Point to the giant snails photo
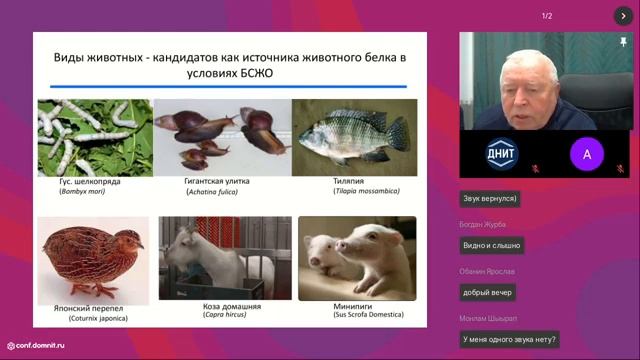click(x=221, y=137)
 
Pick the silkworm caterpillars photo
click(x=94, y=137)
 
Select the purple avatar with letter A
click(x=587, y=153)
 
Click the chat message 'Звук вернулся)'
click(x=490, y=199)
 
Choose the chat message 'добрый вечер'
click(x=488, y=292)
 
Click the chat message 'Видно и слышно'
click(x=492, y=245)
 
